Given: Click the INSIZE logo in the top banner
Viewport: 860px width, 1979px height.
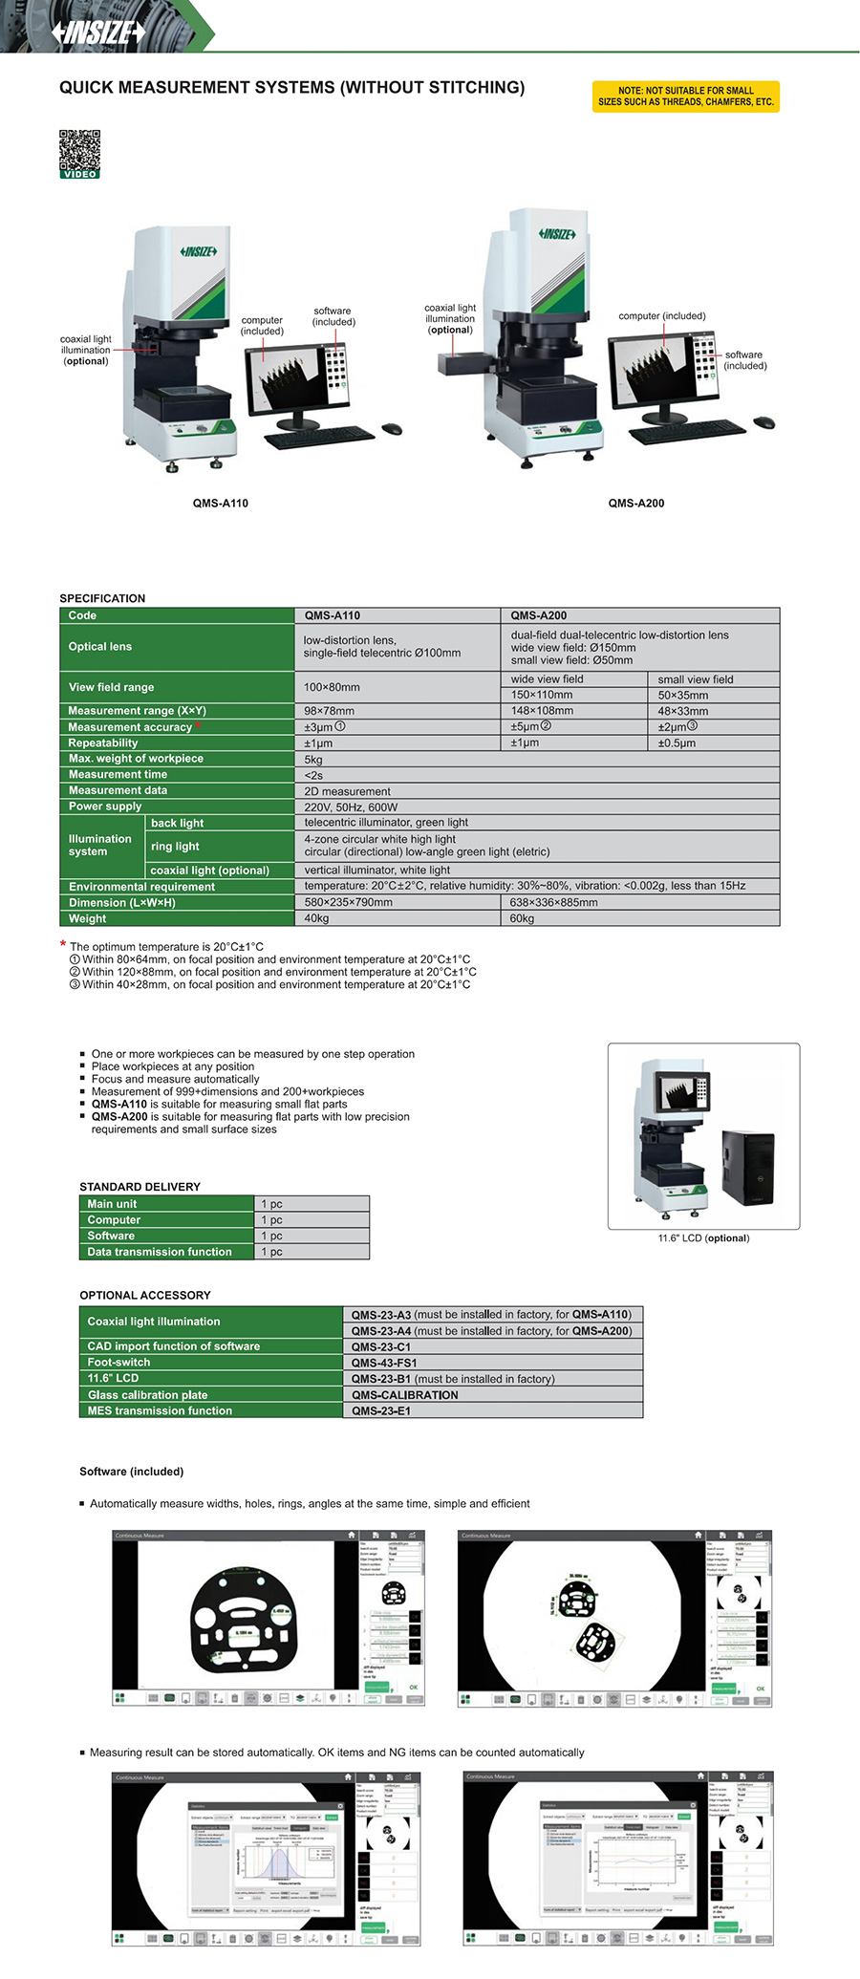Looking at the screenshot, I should pos(99,32).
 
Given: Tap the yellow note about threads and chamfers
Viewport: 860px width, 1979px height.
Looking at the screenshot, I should pos(685,97).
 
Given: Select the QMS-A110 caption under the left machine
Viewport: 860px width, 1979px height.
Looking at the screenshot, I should pos(220,503).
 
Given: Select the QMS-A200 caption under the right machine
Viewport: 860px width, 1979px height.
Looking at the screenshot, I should pos(635,503).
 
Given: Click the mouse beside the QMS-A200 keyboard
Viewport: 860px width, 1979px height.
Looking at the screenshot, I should pos(763,422).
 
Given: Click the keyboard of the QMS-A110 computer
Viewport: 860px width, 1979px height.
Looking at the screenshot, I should pos(318,438).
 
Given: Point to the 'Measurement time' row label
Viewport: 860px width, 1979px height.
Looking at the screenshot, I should pos(118,774).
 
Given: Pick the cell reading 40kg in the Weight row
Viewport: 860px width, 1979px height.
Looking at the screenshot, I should pos(316,918).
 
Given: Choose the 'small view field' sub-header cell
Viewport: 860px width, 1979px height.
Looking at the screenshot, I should pos(696,679).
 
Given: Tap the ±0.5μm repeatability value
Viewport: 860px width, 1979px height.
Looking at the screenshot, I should pos(678,742).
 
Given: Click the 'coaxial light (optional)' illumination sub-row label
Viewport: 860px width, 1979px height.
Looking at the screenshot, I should pos(209,871).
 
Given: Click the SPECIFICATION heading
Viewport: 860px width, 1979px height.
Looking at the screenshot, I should pos(102,598).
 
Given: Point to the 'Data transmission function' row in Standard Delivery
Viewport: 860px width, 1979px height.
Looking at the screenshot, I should pos(160,1252).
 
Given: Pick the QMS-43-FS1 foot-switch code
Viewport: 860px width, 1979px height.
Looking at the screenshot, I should pos(384,1363).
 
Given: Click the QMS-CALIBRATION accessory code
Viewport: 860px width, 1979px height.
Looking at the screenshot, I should pos(404,1395).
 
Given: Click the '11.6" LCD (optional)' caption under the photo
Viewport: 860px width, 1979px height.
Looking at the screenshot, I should pos(703,1238).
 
